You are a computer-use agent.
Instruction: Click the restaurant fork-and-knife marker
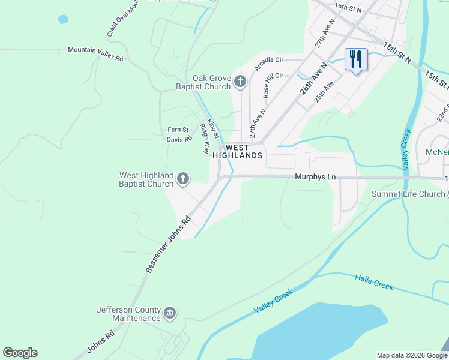click(356, 60)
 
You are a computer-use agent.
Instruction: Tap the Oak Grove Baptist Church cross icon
click(240, 82)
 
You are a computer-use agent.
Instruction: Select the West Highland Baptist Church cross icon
click(183, 178)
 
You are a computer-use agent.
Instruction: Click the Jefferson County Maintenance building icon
click(170, 313)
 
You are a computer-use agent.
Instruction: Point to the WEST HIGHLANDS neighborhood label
click(244, 151)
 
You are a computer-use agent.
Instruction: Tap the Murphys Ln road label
click(314, 177)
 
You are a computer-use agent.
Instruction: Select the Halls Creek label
click(374, 282)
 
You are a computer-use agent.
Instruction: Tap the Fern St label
click(178, 130)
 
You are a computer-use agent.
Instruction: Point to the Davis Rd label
click(179, 139)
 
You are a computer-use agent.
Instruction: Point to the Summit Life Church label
click(408, 194)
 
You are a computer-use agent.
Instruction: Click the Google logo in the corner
click(20, 353)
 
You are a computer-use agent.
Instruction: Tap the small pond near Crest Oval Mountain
click(63, 19)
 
